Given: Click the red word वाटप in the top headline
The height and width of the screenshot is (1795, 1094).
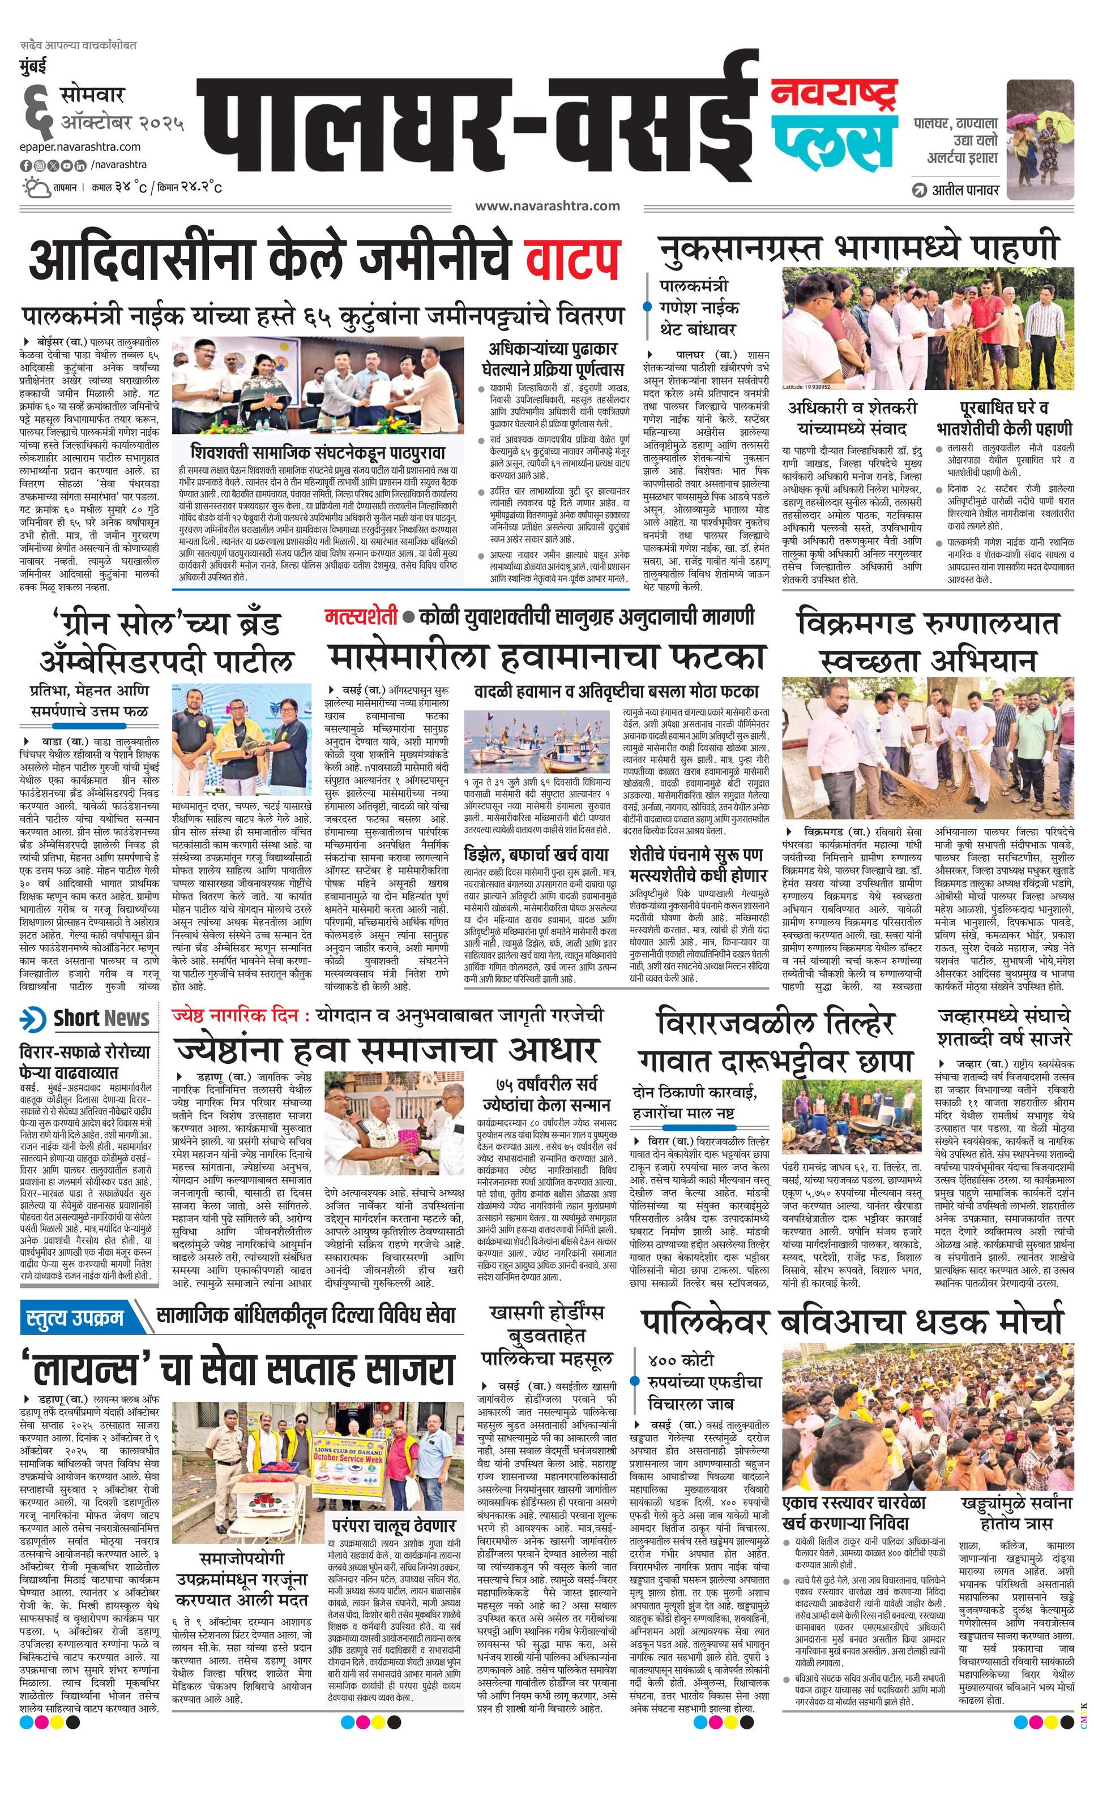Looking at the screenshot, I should tap(573, 259).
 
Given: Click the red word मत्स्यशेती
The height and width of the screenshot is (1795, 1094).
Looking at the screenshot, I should tap(361, 617).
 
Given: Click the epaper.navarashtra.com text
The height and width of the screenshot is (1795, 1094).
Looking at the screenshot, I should tap(80, 147).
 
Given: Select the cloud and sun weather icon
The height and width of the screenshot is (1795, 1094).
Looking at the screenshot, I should tap(36, 187).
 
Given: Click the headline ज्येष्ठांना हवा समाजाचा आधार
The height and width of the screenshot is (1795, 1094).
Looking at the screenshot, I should tap(386, 1050).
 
